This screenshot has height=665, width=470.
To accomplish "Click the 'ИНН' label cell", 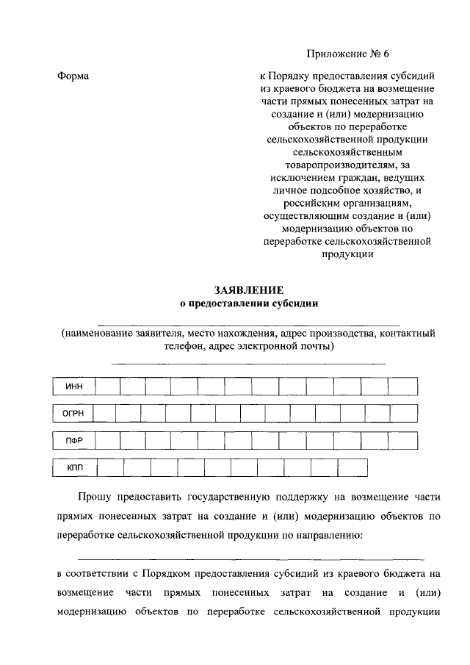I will click(74, 387).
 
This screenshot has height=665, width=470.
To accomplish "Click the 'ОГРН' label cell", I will click(73, 414).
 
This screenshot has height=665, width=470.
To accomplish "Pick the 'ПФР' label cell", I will click(74, 440).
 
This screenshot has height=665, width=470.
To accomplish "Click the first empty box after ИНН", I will click(107, 387).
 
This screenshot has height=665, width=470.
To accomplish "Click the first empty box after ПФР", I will click(107, 440).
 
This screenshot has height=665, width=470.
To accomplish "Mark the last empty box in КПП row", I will click(352, 467).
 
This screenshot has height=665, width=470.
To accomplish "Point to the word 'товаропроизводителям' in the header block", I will click(347, 166).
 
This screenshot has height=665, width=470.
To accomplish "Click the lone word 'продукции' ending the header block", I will click(347, 254).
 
